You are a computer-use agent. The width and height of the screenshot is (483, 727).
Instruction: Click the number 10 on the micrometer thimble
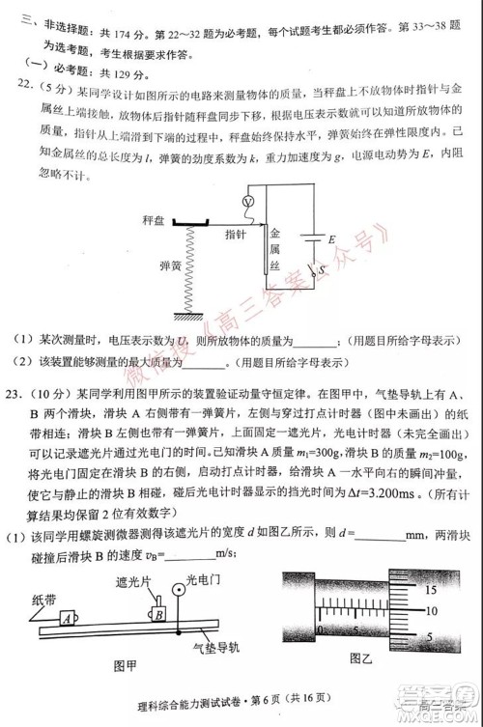pyautogui.click(x=432, y=613)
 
